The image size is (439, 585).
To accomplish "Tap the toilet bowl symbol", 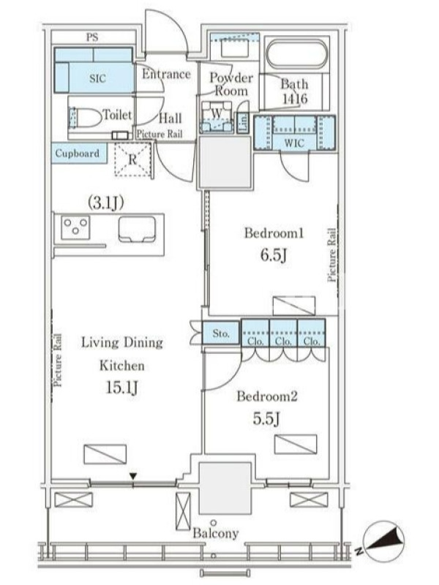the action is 86,117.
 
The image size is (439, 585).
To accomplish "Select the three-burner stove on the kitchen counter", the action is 76,227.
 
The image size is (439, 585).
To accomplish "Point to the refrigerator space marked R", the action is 132,159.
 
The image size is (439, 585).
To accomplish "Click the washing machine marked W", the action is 217,116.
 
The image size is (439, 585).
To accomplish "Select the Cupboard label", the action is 78,153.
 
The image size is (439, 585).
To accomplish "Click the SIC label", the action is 97,78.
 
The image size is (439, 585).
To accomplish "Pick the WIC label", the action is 294,143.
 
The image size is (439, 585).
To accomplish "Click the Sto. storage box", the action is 221,333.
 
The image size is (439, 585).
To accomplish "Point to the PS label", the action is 92,37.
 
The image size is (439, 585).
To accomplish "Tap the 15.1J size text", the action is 121,388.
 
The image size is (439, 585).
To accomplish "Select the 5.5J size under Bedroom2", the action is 266,418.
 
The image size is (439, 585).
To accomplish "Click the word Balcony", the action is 215,533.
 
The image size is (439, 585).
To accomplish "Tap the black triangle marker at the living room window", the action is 133,476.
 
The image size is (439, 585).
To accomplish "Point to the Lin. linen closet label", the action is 243,122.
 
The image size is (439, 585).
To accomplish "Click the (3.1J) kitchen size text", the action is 105,203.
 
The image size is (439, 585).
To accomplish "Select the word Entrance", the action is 166,74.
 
